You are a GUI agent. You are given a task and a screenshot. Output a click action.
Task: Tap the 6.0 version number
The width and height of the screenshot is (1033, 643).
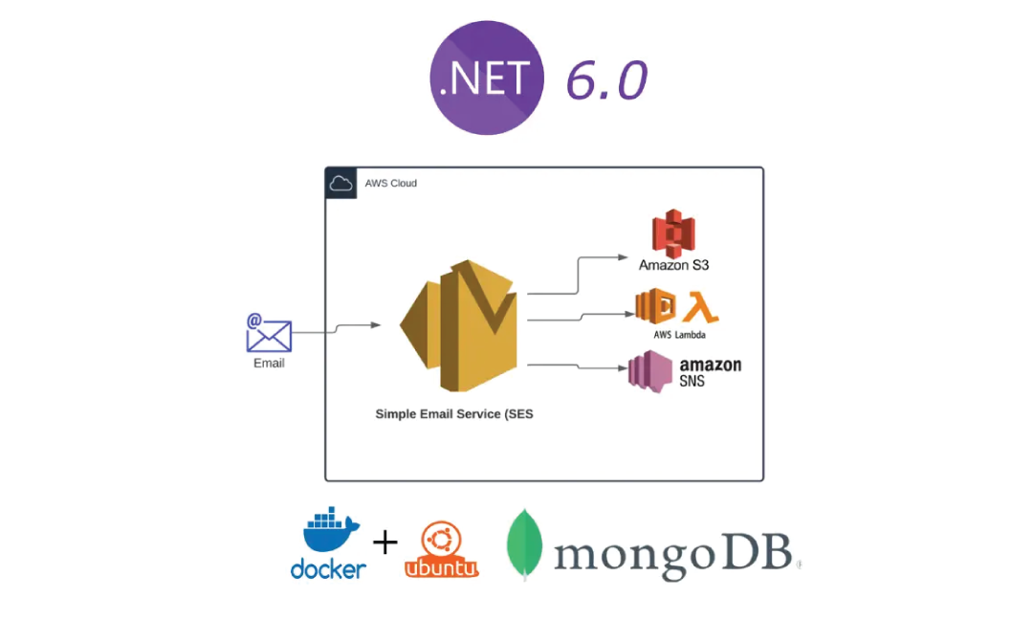[x=606, y=80]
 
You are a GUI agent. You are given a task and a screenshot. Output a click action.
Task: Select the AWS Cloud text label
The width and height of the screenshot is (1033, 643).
[x=391, y=183]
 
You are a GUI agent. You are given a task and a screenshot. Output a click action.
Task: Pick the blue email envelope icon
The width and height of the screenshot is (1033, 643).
[x=269, y=333]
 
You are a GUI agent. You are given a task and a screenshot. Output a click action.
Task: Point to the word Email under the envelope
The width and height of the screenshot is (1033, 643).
[x=269, y=364]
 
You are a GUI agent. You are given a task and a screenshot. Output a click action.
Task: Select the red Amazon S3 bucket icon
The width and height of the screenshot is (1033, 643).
[x=672, y=233]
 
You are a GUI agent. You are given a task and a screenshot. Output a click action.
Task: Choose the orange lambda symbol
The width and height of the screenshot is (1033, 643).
[x=704, y=305]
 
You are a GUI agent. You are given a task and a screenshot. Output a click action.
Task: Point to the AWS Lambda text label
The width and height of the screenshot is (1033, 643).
[x=679, y=335]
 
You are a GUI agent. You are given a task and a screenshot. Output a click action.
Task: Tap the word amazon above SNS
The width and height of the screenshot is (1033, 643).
[x=710, y=365]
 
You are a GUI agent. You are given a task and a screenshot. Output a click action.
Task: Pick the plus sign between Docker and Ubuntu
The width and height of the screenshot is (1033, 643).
[x=385, y=543]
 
